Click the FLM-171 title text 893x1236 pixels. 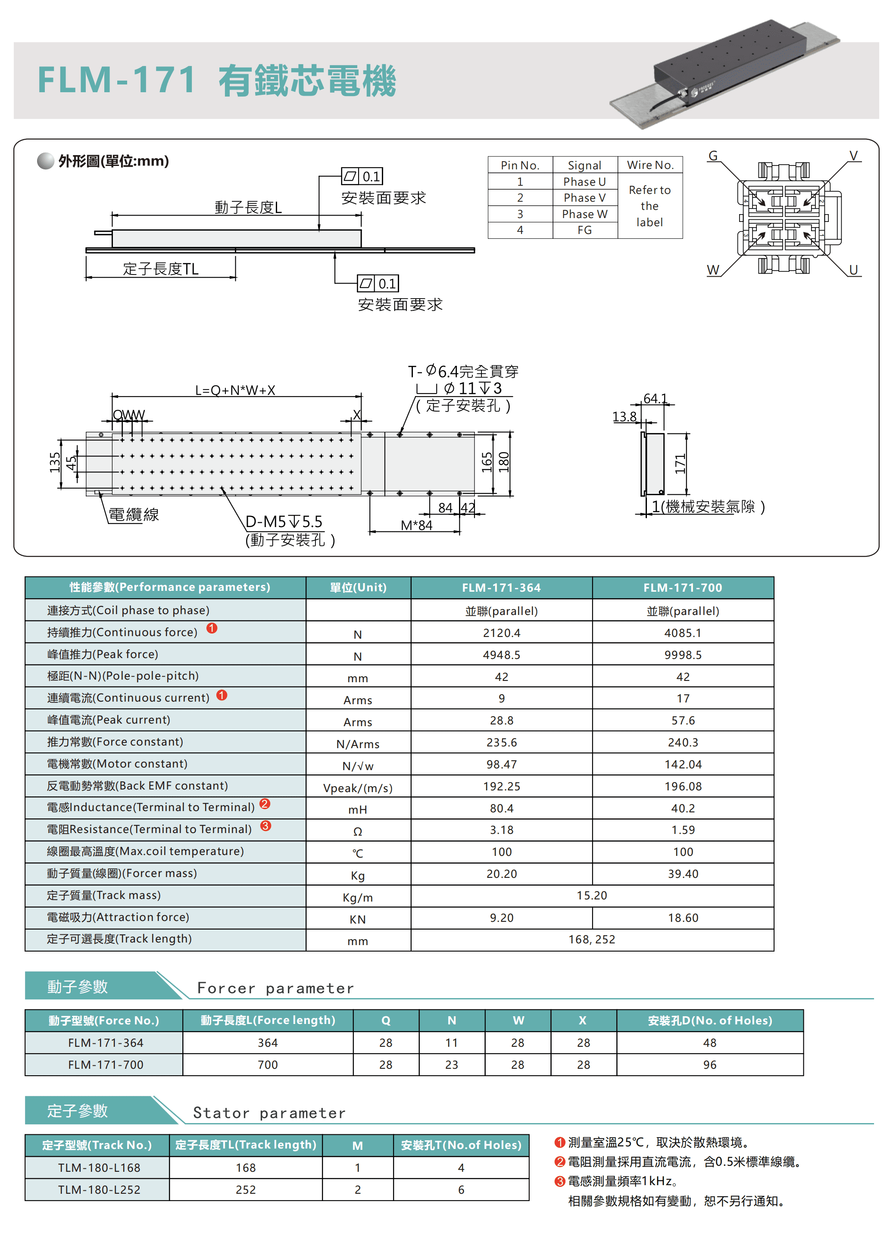click(117, 80)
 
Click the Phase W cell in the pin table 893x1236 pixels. click(584, 214)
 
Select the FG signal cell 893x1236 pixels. click(584, 230)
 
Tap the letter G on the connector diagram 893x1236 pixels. click(713, 156)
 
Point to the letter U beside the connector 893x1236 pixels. click(853, 270)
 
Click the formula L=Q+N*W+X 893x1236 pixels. click(235, 390)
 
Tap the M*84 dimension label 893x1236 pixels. click(416, 525)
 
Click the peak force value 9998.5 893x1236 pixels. click(683, 655)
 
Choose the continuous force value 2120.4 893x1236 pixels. click(501, 633)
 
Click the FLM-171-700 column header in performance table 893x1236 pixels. click(683, 587)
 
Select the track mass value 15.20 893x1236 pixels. click(592, 896)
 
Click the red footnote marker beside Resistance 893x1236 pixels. click(265, 826)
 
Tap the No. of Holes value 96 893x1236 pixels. click(709, 1065)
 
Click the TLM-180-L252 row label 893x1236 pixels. click(99, 1190)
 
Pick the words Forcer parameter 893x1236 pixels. click(275, 989)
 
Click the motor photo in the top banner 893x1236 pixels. click(724, 74)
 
